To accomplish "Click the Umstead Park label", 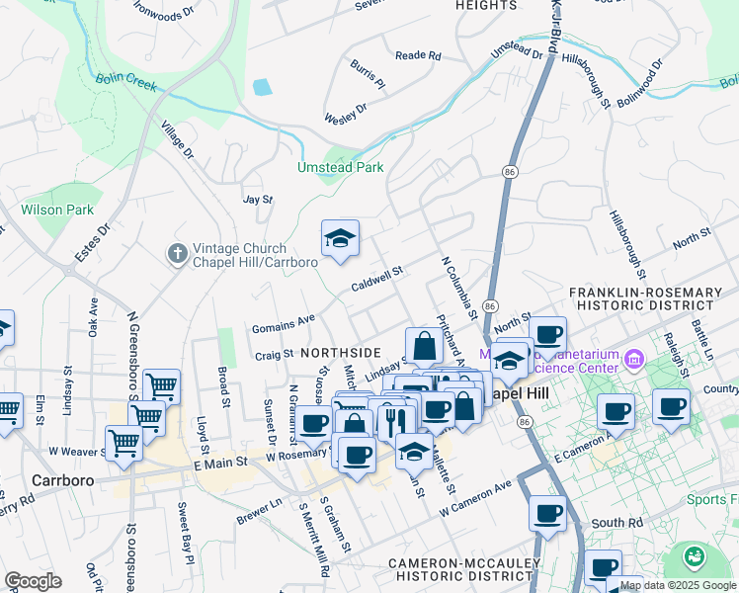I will [341, 168].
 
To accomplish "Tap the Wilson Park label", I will [57, 210].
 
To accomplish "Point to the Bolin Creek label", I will [124, 83].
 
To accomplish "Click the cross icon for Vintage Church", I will [177, 255].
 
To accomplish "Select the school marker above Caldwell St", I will [340, 239].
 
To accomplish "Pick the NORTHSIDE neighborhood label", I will [340, 353].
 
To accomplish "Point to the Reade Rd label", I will [417, 56].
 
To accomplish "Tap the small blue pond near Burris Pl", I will [262, 87].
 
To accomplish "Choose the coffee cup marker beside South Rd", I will [547, 513].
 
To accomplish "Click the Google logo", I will [33, 581].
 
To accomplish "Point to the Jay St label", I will [257, 199].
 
